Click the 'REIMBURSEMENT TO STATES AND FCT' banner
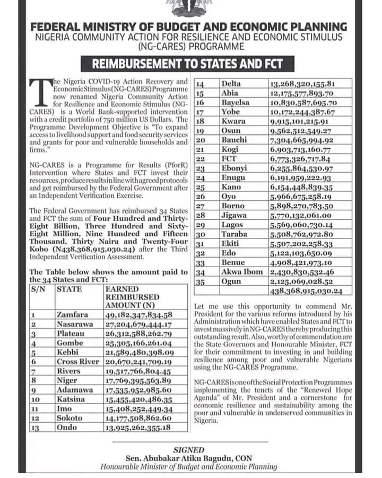[188, 65]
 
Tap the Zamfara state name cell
[72, 314]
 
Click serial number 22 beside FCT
[201, 159]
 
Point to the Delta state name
[231, 83]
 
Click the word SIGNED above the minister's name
[189, 449]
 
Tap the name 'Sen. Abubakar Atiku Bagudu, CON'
[189, 457]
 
